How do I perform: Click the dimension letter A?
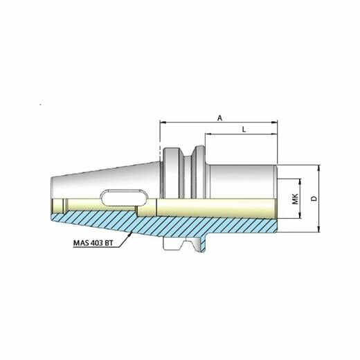click(220, 118)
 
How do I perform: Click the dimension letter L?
click(244, 129)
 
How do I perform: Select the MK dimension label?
click(295, 199)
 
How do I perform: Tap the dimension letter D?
click(314, 199)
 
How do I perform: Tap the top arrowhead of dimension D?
click(319, 168)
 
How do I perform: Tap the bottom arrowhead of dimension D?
click(319, 229)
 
